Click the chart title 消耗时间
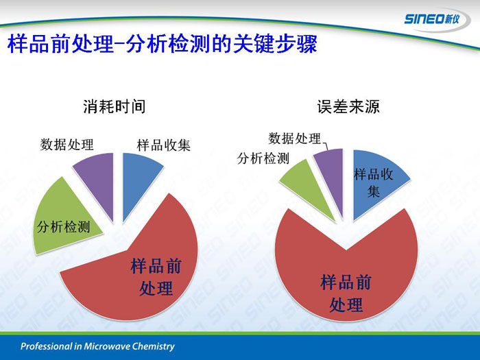tap(115, 107)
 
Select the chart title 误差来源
tap(348, 107)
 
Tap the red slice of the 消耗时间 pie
tap(138, 276)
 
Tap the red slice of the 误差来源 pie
tap(346, 276)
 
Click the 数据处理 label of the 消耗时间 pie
tap(67, 145)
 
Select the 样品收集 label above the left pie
tap(163, 145)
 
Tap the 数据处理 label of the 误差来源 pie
tap(294, 139)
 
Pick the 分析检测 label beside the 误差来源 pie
tap(263, 158)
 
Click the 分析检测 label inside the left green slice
tap(64, 227)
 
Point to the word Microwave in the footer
tap(103, 346)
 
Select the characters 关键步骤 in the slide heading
tap(275, 43)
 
